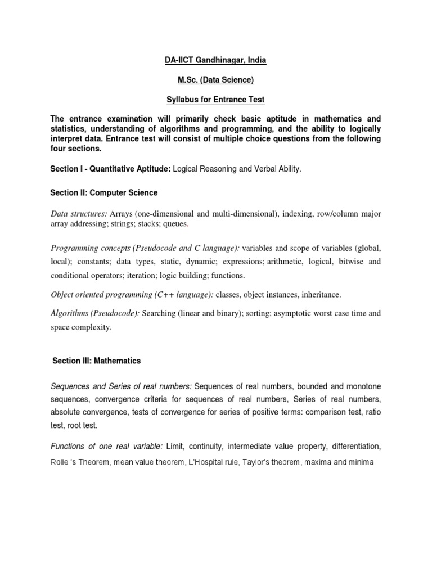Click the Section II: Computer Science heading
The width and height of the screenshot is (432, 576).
pyautogui.click(x=104, y=193)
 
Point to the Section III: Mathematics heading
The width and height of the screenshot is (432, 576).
pyautogui.click(x=96, y=361)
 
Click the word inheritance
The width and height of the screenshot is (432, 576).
pyautogui.click(x=321, y=294)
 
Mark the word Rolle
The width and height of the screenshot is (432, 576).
pyautogui.click(x=60, y=462)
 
